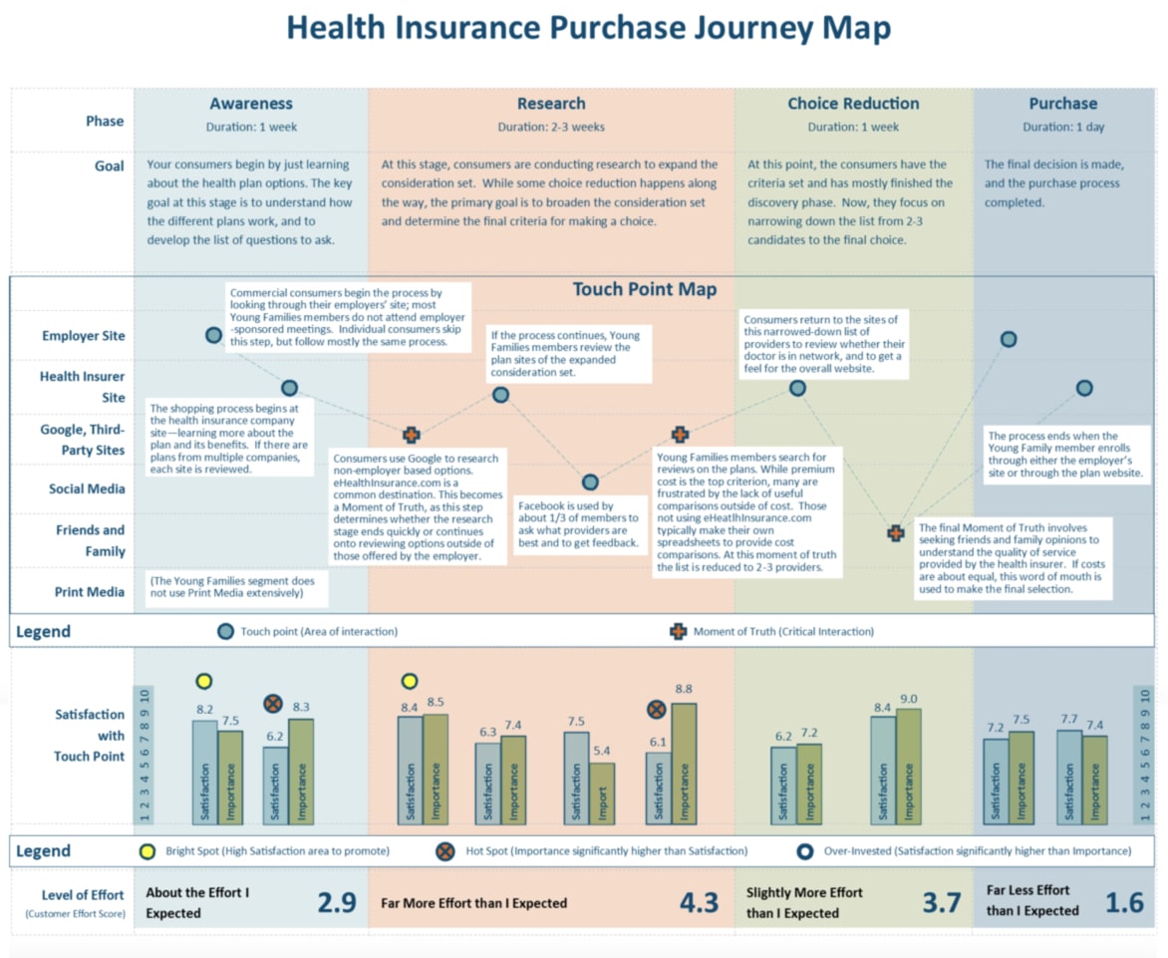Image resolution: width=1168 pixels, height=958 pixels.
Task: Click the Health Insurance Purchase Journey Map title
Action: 588,28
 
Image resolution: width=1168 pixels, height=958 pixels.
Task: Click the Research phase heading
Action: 551,104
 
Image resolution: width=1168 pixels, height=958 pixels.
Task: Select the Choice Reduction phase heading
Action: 853,104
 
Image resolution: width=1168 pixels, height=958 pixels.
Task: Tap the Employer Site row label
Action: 84,336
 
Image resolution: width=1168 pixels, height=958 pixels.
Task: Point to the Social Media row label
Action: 88,488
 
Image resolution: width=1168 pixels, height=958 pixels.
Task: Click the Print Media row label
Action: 90,592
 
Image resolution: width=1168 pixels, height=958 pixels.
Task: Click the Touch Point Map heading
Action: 644,290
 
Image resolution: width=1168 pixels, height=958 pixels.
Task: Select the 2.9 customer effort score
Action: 336,902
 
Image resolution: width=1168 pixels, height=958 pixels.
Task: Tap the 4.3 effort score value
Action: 698,902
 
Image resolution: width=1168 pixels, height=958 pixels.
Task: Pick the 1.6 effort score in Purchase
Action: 1124,902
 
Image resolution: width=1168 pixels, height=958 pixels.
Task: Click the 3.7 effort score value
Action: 941,902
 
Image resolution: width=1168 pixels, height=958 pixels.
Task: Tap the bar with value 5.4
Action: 602,793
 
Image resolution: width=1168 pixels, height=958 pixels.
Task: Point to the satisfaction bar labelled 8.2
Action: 204,772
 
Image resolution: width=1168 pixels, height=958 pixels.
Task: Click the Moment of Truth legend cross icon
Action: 678,631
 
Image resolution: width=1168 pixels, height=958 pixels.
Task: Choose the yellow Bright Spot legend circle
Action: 147,851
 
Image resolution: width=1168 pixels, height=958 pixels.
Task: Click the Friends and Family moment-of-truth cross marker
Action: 895,533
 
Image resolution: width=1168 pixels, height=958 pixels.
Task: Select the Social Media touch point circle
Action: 590,482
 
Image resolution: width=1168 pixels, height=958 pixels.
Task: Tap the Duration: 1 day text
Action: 1062,127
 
